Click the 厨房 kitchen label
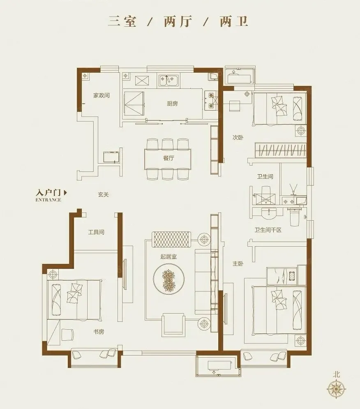point(172,104)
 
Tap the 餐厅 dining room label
point(168,158)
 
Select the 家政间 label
point(102,95)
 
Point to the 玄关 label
point(103,194)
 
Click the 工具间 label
point(96,232)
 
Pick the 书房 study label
point(99,332)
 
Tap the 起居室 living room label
point(168,256)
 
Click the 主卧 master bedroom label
point(238,264)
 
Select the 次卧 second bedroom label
point(238,137)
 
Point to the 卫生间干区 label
point(268,230)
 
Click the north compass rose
point(337,389)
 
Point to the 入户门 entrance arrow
point(65,192)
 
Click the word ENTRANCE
point(48,200)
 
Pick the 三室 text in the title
point(122,21)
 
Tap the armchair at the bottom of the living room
point(173,324)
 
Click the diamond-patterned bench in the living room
point(171,239)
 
